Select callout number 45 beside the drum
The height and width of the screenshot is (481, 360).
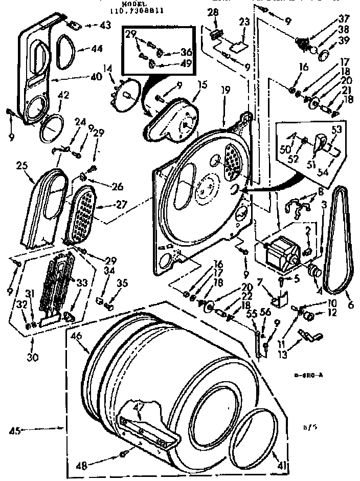(15, 431)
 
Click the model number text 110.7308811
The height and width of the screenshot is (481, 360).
(136, 9)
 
